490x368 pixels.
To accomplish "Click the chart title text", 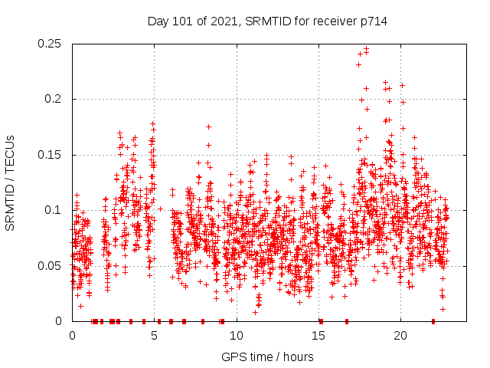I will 267,21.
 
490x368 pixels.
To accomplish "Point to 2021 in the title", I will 225,21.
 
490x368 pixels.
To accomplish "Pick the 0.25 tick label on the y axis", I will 51,44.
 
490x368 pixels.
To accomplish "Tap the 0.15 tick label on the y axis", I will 51,155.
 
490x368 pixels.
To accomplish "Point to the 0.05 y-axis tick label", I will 51,266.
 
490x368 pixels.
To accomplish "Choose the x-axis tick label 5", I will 154,336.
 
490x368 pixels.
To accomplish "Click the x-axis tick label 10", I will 237,336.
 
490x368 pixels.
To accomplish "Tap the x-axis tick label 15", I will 318,336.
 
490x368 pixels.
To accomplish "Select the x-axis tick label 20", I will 400,336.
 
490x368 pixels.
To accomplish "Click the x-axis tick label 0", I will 72,336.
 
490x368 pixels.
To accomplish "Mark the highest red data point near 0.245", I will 366,49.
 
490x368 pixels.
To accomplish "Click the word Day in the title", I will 158,21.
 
